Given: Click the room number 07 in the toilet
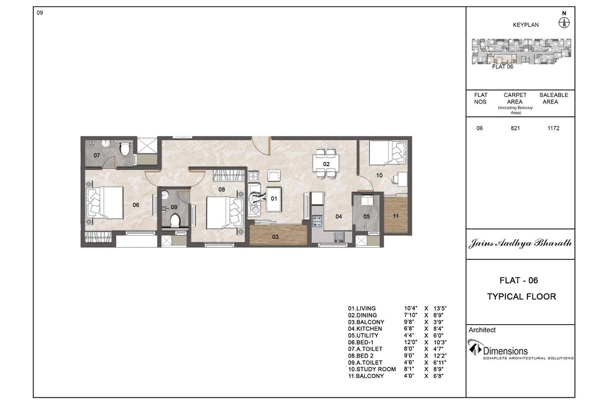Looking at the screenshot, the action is click(97, 155).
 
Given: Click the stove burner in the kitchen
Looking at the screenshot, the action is click(317, 221).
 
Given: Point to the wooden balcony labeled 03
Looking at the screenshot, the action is click(278, 235).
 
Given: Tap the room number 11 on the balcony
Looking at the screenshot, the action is click(396, 216).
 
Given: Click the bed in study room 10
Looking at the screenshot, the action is click(388, 153).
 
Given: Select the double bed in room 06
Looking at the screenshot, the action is click(104, 202).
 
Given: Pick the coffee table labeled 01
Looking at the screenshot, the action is click(274, 199).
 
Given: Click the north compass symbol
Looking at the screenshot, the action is click(564, 23).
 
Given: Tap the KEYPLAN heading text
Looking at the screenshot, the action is click(526, 25).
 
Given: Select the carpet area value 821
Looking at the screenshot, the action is click(515, 128).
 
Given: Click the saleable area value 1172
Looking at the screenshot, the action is click(553, 128).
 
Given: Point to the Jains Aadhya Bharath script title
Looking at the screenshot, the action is click(520, 243).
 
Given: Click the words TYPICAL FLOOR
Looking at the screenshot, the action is click(521, 296).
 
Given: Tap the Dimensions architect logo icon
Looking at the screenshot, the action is click(474, 347).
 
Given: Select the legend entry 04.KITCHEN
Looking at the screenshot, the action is click(365, 329).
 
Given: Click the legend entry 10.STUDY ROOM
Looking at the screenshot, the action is click(372, 369).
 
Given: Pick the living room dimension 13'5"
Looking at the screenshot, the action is click(440, 308).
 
